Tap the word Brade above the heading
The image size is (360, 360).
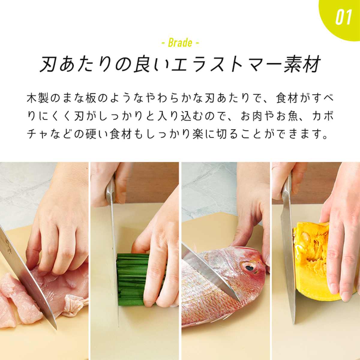(x=180, y=43)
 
